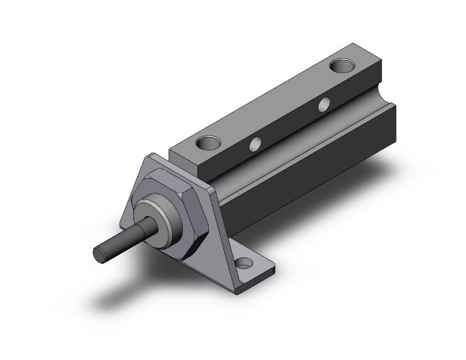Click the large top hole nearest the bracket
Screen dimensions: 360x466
[208, 143]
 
